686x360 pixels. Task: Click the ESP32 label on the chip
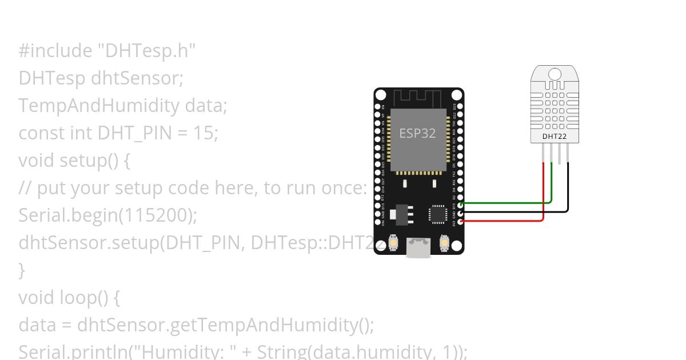417,134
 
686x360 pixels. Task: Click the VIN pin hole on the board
377,220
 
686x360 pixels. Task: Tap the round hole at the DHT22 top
554,74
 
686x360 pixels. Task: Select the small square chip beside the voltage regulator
437,214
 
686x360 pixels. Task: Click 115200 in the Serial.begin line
154,215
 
